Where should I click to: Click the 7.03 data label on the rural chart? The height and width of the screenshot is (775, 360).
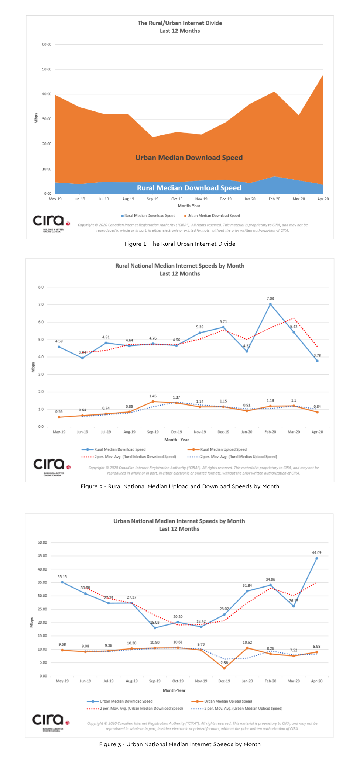tap(270, 299)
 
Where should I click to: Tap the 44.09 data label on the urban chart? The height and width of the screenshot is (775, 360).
tap(316, 552)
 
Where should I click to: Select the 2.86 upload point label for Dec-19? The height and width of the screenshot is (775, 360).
tap(224, 663)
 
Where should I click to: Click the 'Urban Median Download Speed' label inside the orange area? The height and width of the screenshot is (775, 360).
tap(189, 158)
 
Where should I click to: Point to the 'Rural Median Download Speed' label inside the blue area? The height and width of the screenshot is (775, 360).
tap(189, 188)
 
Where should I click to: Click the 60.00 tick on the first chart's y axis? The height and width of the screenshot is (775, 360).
tap(47, 44)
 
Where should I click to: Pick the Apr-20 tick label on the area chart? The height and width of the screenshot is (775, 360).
tap(323, 199)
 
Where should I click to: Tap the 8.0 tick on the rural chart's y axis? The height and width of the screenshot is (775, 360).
tap(41, 287)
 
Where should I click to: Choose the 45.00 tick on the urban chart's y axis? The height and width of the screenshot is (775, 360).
tap(42, 556)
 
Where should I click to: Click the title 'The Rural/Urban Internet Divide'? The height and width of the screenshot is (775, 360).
tap(180, 23)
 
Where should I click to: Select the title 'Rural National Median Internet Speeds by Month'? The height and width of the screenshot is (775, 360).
tap(180, 266)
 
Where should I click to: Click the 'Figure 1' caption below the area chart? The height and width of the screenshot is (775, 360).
tap(180, 244)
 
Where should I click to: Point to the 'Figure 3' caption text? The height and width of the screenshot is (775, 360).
tap(180, 744)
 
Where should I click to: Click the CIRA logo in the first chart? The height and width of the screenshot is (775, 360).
tap(51, 223)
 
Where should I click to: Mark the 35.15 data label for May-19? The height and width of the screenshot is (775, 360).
tap(62, 577)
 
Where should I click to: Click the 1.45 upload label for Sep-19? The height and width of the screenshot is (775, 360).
tap(153, 396)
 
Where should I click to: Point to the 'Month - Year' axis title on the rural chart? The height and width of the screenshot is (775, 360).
tap(176, 440)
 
